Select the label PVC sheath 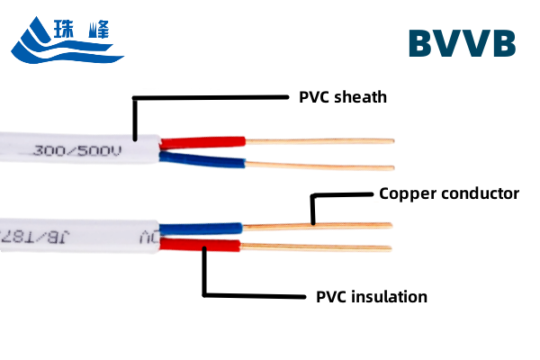[x=342, y=97]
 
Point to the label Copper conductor [x=448, y=193]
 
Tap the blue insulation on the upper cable [x=202, y=161]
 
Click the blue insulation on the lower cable [x=202, y=228]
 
